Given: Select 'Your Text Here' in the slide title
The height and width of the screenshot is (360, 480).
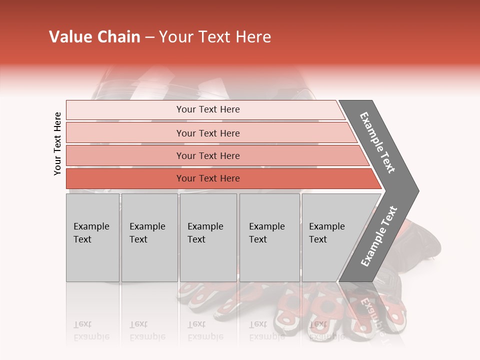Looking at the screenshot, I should [215, 37].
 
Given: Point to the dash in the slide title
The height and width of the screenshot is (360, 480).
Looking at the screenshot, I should [149, 37].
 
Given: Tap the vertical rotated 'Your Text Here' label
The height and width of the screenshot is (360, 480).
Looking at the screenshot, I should [57, 143].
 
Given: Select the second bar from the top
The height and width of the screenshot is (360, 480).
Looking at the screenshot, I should [208, 133].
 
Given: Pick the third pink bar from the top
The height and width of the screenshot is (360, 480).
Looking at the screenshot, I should [208, 155].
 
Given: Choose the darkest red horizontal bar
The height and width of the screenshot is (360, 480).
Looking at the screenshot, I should [208, 178].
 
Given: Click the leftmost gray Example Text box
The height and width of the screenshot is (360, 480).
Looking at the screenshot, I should [92, 237].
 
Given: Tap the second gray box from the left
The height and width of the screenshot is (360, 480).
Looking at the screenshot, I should [149, 237].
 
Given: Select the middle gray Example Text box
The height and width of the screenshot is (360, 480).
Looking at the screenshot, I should [208, 237].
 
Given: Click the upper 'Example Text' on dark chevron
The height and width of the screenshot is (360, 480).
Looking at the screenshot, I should [378, 142].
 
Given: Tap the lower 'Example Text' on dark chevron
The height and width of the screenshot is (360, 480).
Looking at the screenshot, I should [379, 236].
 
